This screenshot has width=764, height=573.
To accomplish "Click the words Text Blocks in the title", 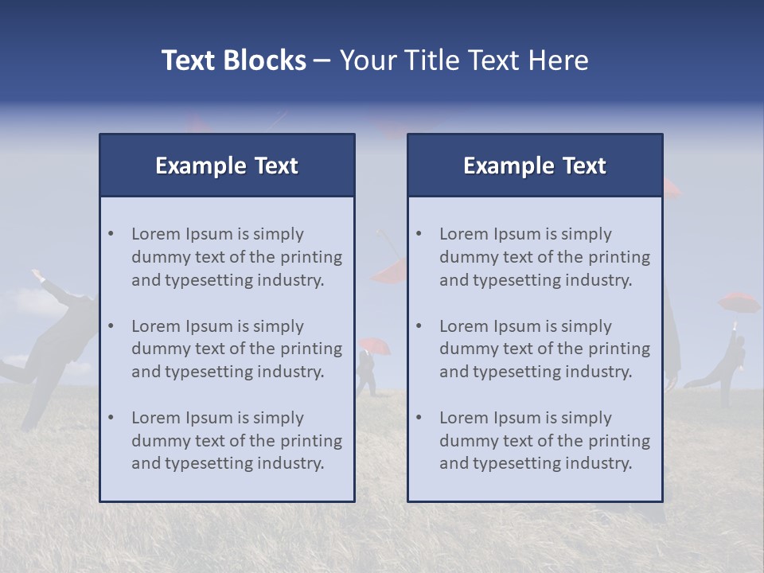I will (233, 60).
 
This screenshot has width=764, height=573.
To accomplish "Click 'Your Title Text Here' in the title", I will (464, 60).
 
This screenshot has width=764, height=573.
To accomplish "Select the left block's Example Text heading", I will (227, 166).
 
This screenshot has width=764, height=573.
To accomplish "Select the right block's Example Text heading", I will (535, 166).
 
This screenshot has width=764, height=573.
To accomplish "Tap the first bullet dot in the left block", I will (111, 234).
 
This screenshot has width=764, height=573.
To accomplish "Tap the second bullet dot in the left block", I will (111, 326).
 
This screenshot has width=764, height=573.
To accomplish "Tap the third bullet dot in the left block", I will (111, 418).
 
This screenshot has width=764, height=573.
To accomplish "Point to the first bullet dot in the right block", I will (419, 234).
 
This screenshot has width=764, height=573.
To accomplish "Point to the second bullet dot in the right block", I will (419, 326).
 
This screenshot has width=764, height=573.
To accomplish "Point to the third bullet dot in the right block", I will (419, 418).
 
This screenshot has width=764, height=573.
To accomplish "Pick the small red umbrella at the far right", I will (739, 302).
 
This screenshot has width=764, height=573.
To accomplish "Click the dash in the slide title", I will (322, 60).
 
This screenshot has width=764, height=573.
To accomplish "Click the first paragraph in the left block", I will (236, 257).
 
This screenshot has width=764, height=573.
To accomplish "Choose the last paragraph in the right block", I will (544, 441).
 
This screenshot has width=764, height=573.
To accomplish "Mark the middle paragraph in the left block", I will (236, 349).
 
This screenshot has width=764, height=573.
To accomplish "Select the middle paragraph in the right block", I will (544, 349).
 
